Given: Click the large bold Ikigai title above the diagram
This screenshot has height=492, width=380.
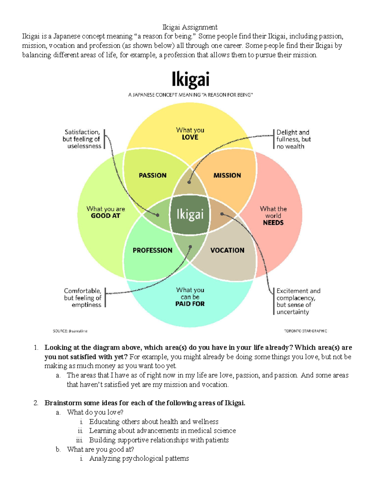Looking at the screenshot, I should click(x=190, y=79).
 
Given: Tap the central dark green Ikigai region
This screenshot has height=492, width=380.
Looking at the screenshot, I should click(x=190, y=214).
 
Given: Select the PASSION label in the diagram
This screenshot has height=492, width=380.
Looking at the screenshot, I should click(x=153, y=176).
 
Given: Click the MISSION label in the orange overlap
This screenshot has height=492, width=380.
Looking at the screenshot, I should click(x=227, y=176).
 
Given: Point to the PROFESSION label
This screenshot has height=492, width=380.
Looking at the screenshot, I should click(x=152, y=250).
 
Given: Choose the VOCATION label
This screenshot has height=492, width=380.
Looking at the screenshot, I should click(x=227, y=250).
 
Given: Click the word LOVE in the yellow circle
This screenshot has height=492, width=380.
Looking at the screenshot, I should click(x=190, y=137).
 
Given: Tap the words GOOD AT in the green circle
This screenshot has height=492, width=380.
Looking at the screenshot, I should click(x=105, y=216).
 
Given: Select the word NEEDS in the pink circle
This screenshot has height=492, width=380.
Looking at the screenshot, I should click(x=273, y=223).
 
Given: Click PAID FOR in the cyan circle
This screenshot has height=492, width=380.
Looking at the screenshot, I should click(x=190, y=304).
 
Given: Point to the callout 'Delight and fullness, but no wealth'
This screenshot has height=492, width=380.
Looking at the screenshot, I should click(x=293, y=139).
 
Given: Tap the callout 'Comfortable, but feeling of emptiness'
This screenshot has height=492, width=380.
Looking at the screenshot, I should click(x=83, y=298).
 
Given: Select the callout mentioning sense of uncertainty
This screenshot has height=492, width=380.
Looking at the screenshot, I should click(x=298, y=301).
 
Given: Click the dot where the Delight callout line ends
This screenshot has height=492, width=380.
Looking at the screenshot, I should click(x=189, y=182).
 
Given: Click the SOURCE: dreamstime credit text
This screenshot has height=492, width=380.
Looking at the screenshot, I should click(x=70, y=331).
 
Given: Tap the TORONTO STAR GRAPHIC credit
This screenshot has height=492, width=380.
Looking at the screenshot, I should click(x=305, y=331).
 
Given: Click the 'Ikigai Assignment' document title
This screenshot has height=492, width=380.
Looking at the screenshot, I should click(x=190, y=27).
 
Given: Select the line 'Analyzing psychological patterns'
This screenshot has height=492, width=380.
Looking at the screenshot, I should click(x=139, y=458).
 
